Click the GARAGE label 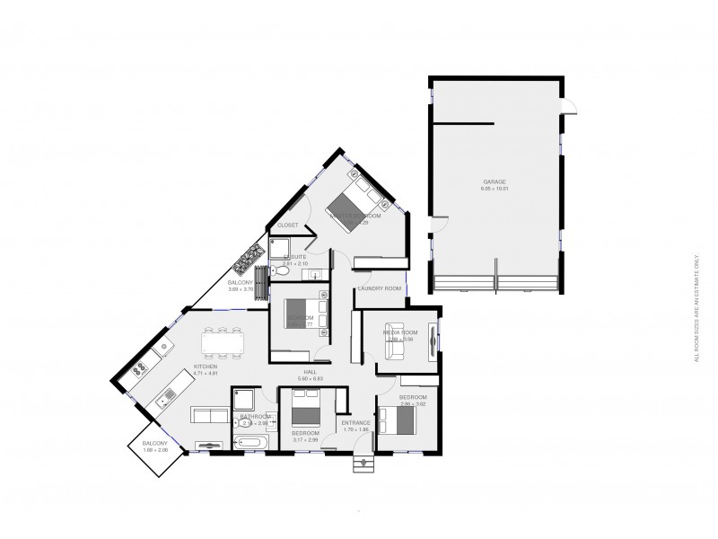coord(495,181)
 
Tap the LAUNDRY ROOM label coord(379,288)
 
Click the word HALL coord(310,371)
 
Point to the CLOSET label coord(287,225)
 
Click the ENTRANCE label coord(356,422)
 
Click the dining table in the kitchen coord(219,341)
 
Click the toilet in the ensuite coord(281,269)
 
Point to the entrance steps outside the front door coord(363,463)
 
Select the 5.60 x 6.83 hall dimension coord(310,378)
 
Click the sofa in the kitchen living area coord(209,414)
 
